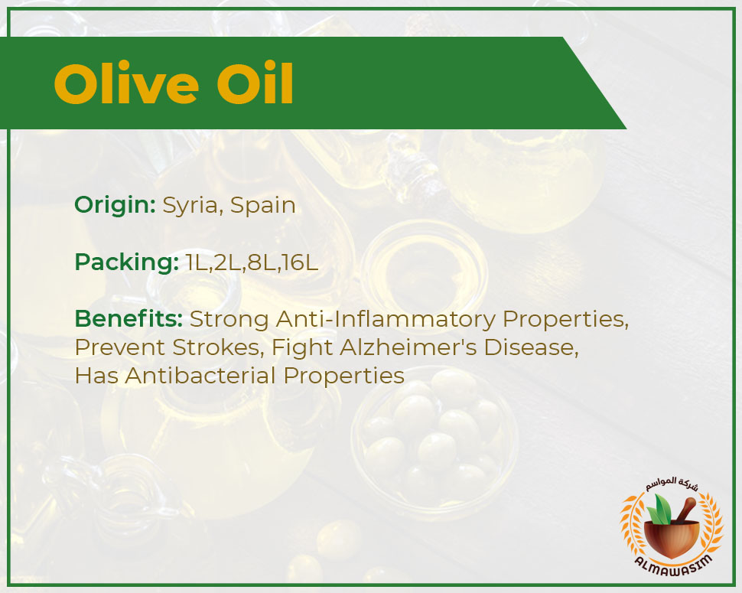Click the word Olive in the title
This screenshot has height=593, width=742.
tap(126, 83)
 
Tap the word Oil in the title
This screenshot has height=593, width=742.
tap(255, 83)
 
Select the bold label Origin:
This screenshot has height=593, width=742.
tap(115, 205)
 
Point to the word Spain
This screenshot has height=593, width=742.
tap(263, 206)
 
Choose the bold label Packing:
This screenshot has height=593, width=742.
tap(126, 262)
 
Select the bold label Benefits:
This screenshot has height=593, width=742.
tap(129, 318)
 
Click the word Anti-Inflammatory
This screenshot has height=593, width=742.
tap(386, 319)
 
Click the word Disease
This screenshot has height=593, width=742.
tap(531, 347)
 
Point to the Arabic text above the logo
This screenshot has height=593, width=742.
tap(672, 484)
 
